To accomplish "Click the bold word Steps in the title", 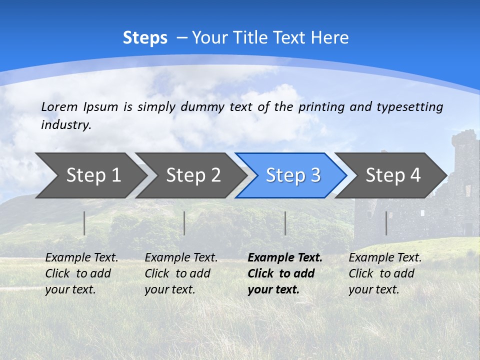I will pos(145,38).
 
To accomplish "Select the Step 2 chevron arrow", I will pos(193,175).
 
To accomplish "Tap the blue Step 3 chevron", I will pos(292,175).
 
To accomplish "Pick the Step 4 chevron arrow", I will pos(392,175).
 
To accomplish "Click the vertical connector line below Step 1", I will pos(84,223).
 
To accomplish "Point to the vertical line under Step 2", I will pos(184,223).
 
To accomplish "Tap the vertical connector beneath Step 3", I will pos(285,223).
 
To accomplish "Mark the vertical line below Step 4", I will pos(386,223).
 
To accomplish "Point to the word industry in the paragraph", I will pos(65,125).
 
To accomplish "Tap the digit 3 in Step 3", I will pos(315,175).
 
